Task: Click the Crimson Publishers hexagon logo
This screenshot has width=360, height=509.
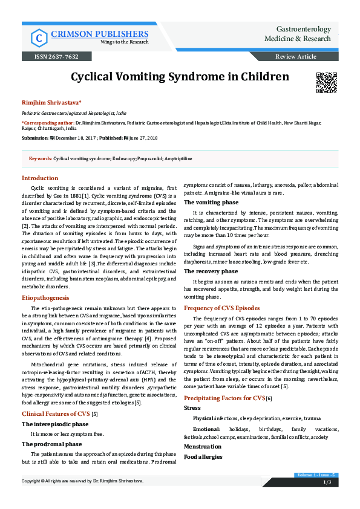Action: [39, 37]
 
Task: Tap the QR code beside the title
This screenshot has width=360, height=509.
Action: [327, 82]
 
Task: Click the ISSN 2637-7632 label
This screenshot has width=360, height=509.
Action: [59, 56]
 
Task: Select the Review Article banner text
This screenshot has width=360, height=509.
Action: [295, 56]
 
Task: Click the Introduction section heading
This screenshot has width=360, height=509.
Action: [40, 178]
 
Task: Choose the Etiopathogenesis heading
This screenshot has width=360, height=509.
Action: [46, 299]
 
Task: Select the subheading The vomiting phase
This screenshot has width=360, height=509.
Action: [212, 202]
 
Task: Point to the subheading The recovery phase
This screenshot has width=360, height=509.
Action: [212, 271]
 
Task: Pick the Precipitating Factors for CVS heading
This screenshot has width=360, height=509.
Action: [224, 398]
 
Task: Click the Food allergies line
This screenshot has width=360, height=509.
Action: [203, 456]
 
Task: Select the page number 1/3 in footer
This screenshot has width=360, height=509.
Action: [327, 482]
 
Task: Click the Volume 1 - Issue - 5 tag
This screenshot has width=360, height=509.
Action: [316, 476]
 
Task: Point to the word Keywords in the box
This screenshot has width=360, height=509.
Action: [40, 158]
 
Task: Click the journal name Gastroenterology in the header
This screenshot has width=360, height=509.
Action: [303, 29]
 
